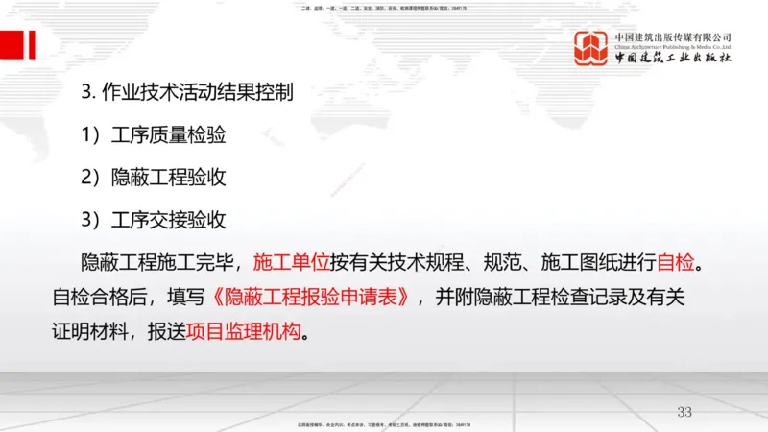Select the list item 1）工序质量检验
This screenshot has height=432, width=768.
pyautogui.click(x=154, y=135)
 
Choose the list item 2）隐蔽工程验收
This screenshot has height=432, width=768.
pyautogui.click(x=154, y=178)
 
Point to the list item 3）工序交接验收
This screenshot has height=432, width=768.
pyautogui.click(x=154, y=220)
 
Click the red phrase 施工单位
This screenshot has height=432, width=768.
pyautogui.click(x=292, y=261)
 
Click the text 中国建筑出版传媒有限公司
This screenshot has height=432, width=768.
pyautogui.click(x=673, y=36)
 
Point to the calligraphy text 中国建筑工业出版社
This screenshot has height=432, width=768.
pyautogui.click(x=673, y=59)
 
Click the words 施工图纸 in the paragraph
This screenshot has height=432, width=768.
pyautogui.click(x=573, y=261)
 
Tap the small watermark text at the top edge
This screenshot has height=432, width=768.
pyautogui.click(x=384, y=8)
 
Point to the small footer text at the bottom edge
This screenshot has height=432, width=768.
pyautogui.click(x=384, y=423)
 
